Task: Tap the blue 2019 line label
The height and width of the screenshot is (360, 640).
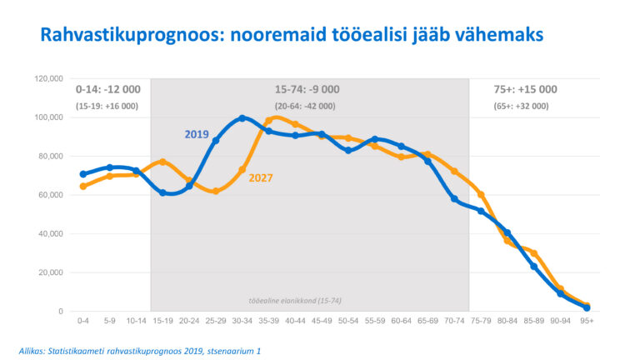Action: [197, 133]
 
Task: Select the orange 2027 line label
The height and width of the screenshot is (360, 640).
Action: [261, 177]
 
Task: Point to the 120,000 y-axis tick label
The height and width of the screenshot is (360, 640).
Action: [49, 78]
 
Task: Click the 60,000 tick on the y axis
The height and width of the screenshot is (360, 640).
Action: [51, 195]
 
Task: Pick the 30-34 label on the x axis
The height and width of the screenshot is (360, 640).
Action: [242, 320]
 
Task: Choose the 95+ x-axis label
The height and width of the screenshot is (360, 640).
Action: [587, 320]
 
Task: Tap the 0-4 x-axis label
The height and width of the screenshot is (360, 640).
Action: [82, 320]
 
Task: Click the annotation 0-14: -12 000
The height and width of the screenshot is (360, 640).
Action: [108, 89]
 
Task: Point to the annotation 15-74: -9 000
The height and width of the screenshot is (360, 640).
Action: [307, 89]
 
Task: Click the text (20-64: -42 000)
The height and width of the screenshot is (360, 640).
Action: [305, 106]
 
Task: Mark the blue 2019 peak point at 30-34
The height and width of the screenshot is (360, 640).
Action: [242, 118]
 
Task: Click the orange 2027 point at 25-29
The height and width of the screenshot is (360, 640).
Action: [216, 191]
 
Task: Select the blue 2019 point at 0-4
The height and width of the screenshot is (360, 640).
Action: [82, 174]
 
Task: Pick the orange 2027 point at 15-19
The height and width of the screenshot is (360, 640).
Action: [162, 162]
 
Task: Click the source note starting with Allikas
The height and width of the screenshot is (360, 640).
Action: [139, 351]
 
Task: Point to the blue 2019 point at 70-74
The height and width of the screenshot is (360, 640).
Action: [454, 198]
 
